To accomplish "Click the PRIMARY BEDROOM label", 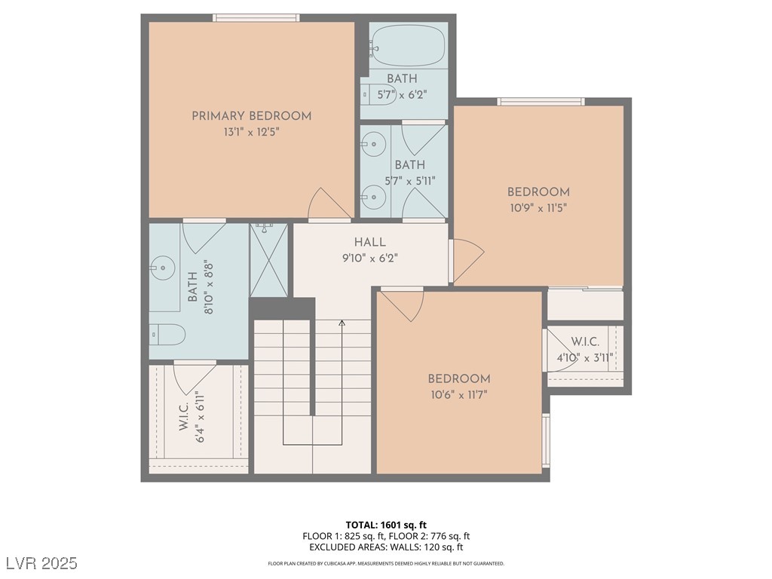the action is coord(252,116).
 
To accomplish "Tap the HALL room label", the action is coord(369,242).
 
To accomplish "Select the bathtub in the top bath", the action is coord(408,46).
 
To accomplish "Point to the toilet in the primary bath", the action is coord(167,335).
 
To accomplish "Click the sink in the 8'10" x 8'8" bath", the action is coord(163,268).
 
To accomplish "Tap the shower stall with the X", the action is coord(268,260).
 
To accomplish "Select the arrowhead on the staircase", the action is coord(342,323).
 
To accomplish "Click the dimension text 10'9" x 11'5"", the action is coord(538,208).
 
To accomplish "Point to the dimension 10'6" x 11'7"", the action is coord(459,395).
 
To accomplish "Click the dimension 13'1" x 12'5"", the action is coord(252,133).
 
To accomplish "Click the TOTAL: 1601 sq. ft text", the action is coord(386,525).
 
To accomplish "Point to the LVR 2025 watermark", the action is coord(42,563).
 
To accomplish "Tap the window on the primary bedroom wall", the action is coord(256,18).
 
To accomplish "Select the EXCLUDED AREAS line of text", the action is coord(386,547).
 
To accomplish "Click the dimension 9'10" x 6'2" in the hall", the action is coord(369,258).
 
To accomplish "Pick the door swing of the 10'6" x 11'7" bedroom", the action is coord(403,305).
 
